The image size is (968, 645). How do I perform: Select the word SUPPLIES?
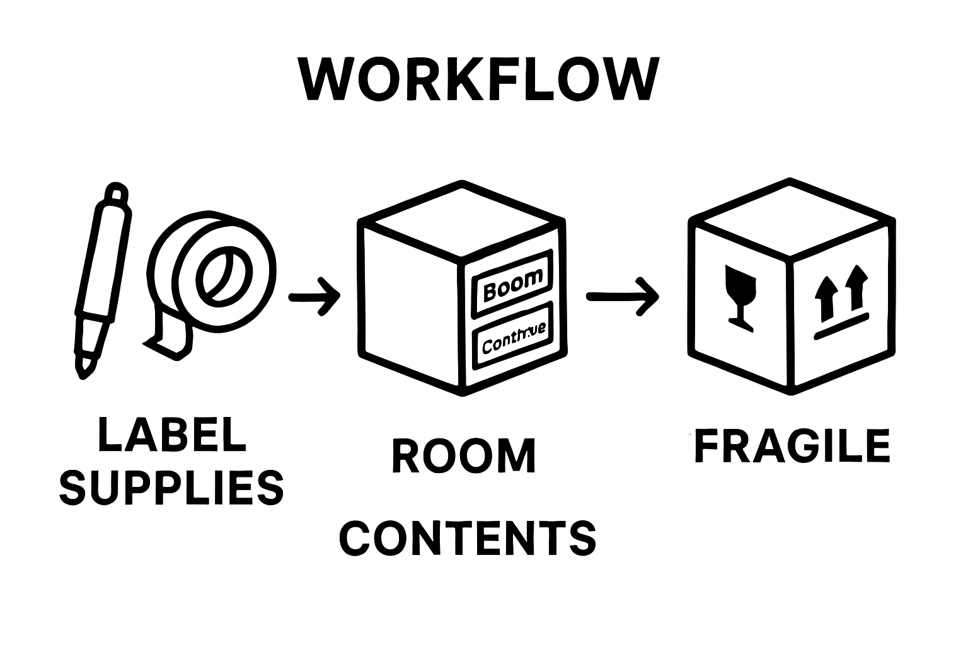(171, 488)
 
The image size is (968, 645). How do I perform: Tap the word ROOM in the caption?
(464, 457)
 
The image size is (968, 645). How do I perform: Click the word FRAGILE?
(792, 446)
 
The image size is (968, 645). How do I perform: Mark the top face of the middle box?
(462, 220)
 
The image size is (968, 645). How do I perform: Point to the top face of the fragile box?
(792, 220)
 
